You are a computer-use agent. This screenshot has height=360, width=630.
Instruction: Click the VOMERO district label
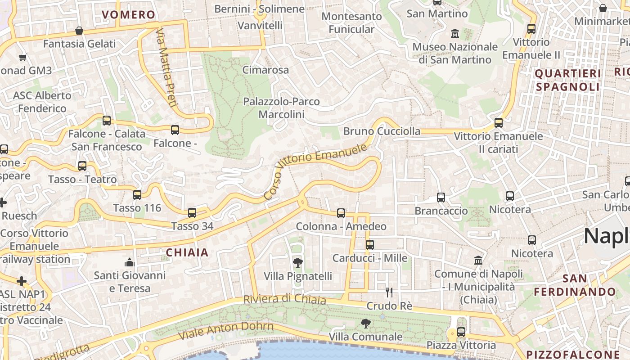point(128,15)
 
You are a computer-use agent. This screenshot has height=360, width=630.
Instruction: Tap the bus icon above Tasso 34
point(192,213)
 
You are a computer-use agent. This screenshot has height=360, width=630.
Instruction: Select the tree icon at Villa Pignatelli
point(297,262)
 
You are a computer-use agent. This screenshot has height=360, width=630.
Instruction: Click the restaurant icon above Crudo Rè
point(389,292)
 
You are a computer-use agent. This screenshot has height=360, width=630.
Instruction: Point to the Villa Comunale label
point(365,337)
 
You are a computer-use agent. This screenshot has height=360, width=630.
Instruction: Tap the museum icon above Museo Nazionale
point(455,33)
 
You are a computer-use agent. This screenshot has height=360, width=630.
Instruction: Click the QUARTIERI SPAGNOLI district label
point(568,80)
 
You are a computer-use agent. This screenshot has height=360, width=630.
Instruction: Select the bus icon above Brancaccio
point(441,198)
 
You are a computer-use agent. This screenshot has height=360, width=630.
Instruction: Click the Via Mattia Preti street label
point(165,67)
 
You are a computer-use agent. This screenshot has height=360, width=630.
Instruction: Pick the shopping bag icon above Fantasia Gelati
point(79,31)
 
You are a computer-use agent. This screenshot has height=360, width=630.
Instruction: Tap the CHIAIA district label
point(187,252)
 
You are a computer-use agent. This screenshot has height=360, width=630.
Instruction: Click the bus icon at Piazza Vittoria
point(461,332)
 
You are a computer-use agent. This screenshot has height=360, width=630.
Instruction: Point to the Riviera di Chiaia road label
point(284,299)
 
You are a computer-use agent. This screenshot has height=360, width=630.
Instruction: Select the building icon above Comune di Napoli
point(478,261)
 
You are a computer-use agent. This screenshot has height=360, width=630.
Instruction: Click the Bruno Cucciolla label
point(382,131)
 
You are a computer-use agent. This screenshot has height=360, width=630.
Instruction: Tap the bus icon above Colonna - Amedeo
point(341,213)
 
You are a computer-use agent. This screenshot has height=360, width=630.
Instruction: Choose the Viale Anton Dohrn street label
point(226,331)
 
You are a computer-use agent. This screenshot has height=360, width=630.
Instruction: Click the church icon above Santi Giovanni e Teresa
point(130,262)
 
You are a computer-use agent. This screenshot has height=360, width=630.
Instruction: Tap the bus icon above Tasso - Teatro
point(82,166)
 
